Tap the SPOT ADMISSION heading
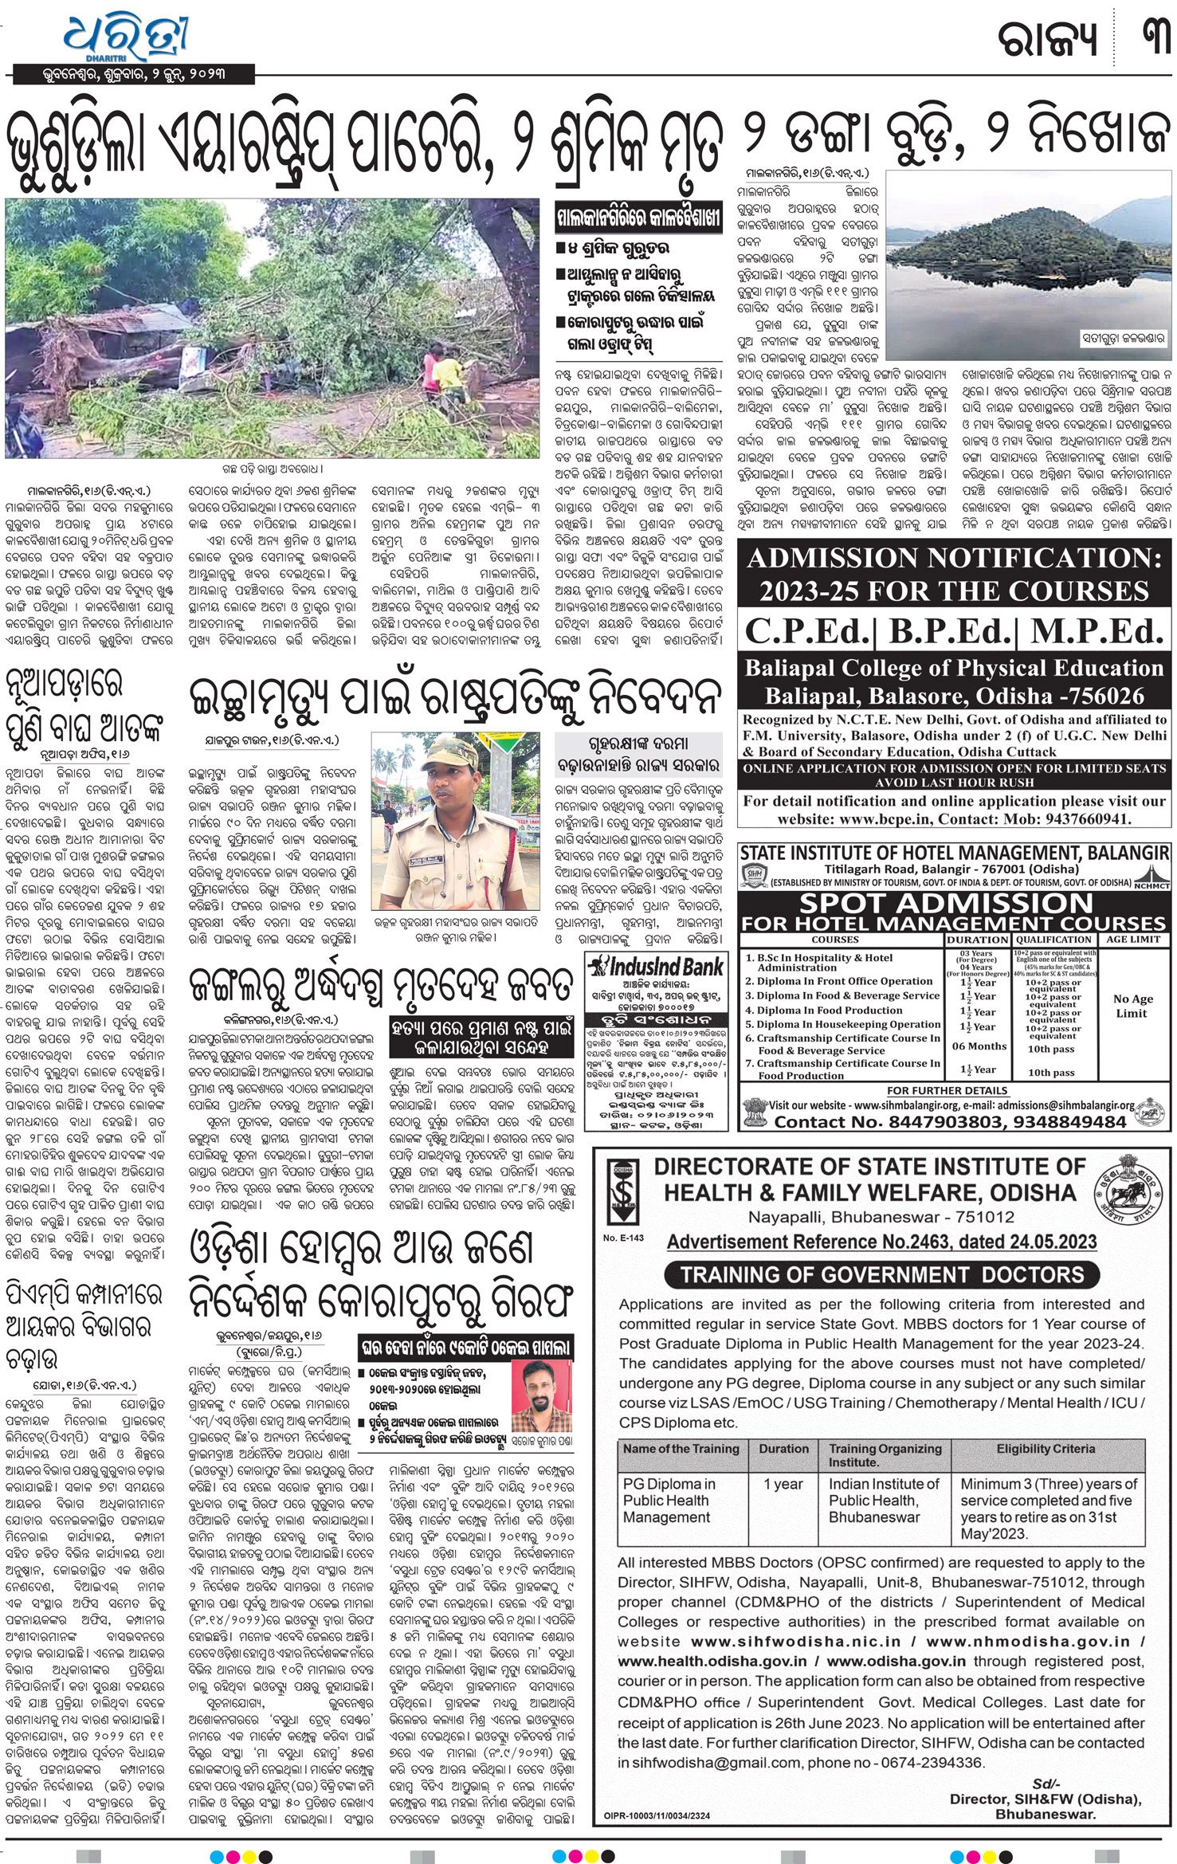pos(946,904)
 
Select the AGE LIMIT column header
pos(1133,940)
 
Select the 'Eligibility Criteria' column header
pos(1046,1448)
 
